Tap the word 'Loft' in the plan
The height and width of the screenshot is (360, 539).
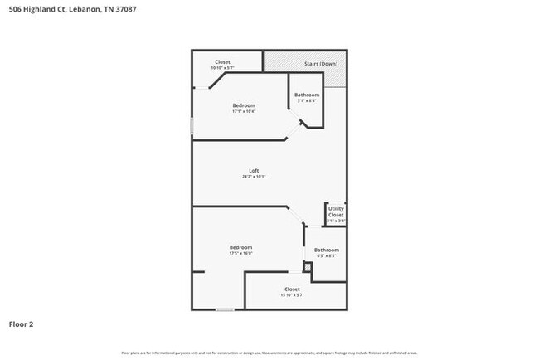tap(254, 171)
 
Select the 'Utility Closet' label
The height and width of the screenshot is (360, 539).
tap(336, 212)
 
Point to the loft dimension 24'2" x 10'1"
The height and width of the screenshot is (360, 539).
tap(254, 177)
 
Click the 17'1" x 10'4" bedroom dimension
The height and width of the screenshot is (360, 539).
tap(244, 111)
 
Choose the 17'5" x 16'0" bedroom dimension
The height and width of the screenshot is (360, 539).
tap(241, 254)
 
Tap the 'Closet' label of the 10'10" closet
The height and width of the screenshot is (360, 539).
tap(222, 61)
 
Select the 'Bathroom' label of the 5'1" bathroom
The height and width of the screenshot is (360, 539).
tap(307, 95)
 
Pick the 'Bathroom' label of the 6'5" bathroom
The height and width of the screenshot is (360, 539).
tap(326, 250)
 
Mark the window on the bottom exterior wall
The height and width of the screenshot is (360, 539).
tap(225, 309)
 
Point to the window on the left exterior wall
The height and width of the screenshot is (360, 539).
tap(192, 125)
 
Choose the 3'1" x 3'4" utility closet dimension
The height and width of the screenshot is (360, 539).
tap(336, 221)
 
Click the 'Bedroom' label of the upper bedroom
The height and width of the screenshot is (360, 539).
tap(244, 105)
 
